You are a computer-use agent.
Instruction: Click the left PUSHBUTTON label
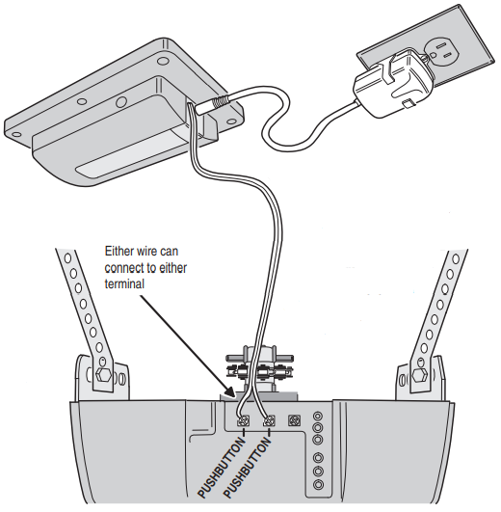tap(222, 468)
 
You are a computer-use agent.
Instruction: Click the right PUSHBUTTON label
tap(249, 468)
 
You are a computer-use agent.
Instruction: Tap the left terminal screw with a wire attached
tap(245, 420)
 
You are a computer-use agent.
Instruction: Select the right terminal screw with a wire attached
tap(270, 421)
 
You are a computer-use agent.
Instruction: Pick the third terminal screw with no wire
tap(295, 420)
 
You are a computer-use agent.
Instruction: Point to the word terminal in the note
tap(124, 283)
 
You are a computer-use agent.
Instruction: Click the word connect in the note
tap(125, 268)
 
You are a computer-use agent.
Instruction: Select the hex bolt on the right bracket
tap(419, 375)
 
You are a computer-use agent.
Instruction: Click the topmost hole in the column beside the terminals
tap(318, 417)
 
